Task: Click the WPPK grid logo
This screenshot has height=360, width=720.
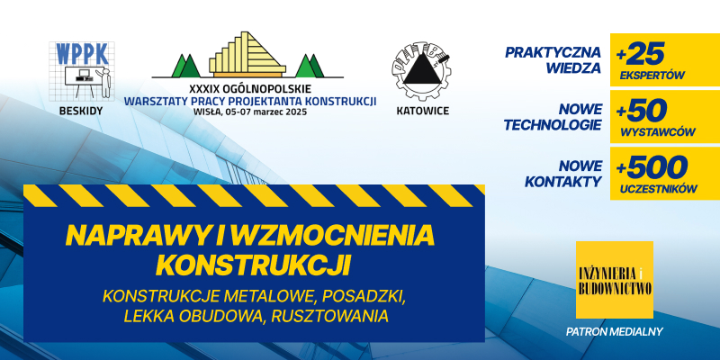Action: tap(82, 71)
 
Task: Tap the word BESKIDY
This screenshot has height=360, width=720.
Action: tap(81, 111)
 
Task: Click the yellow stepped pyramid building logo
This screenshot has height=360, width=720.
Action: tap(247, 54)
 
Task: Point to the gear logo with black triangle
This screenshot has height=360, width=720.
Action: tap(420, 71)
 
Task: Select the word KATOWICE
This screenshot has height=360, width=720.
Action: tap(422, 111)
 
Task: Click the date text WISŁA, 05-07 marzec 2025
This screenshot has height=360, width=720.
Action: tap(250, 112)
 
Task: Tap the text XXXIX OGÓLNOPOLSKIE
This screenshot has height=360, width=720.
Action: tap(250, 87)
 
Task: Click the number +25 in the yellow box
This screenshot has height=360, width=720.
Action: tap(641, 55)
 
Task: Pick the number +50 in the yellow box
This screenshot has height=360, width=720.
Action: tap(642, 112)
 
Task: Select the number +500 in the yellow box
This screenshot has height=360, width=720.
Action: tap(652, 167)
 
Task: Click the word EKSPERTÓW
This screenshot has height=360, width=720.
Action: tap(652, 76)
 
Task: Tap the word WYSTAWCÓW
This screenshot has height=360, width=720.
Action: tap(658, 132)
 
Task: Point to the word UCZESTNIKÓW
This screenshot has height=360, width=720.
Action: tap(659, 189)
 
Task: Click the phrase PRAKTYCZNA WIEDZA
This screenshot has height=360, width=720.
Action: tap(553, 59)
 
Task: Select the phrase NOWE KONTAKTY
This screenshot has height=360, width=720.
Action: tap(563, 174)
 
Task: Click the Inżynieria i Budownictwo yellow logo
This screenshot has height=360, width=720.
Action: tap(615, 280)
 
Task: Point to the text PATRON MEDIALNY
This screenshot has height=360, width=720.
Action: tap(615, 331)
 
